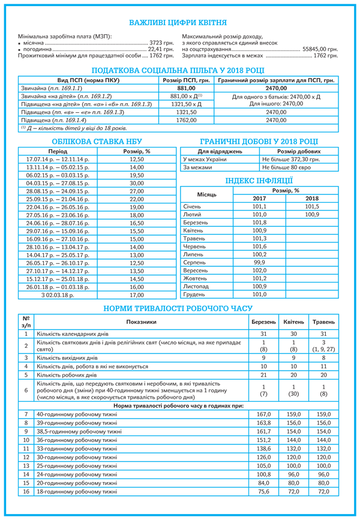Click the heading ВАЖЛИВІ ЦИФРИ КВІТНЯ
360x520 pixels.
[178, 23]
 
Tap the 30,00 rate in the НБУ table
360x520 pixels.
[137, 183]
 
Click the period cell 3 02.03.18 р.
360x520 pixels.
[58, 295]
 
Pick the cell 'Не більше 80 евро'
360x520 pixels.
[289, 168]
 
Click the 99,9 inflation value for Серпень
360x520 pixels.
[259, 262]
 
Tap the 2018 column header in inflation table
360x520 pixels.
[312, 198]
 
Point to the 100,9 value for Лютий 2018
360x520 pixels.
[312, 214]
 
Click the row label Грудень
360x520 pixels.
[194, 294]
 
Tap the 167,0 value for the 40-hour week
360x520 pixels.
[263, 414]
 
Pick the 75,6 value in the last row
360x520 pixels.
[263, 491]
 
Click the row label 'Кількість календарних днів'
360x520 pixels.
[73, 333]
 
